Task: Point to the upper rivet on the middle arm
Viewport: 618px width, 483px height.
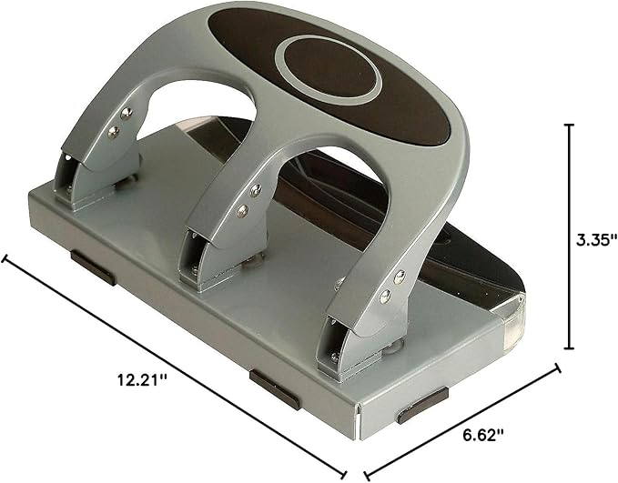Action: pos(256,190)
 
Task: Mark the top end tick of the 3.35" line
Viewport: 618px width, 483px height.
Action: pos(571,126)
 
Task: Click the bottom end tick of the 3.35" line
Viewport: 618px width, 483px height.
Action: pos(571,348)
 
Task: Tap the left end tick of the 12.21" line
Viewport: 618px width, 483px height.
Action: pos(7,261)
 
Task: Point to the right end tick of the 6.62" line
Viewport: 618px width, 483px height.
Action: pos(558,368)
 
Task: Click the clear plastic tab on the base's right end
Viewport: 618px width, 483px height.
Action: pos(514,317)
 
